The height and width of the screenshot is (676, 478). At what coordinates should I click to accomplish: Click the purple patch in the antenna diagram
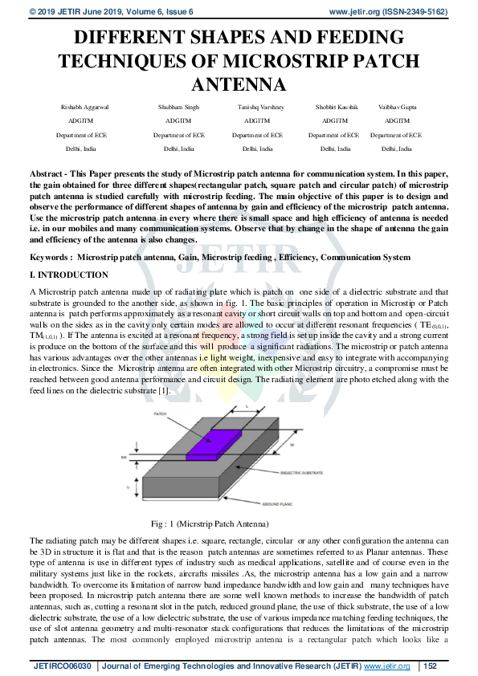coord(213,444)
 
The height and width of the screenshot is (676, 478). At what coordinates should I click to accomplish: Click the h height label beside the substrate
coord(128,486)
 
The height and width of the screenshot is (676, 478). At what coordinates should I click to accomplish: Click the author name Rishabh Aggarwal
coord(82,107)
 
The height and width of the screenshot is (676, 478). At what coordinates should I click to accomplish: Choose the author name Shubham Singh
coord(178,107)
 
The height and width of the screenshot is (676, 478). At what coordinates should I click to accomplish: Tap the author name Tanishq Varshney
coord(258,107)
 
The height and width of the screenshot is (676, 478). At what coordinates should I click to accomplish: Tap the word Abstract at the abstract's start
coord(47,173)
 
